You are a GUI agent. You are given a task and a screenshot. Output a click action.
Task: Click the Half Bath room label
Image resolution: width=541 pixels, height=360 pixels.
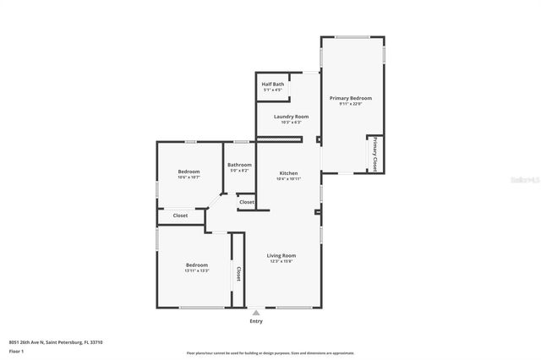272,84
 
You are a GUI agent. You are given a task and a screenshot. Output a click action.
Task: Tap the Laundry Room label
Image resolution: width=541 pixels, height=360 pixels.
291,116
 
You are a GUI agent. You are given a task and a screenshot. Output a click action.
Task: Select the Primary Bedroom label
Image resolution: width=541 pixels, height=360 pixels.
350,98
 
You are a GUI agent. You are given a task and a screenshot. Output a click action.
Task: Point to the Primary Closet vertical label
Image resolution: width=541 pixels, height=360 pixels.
374,154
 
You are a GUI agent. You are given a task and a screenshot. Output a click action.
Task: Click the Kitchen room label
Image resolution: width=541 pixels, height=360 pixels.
288,172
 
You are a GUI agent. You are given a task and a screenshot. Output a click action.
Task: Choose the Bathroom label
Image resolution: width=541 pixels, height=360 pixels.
239,165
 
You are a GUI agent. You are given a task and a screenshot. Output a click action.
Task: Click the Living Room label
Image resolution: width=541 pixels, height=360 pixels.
281,255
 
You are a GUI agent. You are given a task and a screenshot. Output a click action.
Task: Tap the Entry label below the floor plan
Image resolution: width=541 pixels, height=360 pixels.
255,321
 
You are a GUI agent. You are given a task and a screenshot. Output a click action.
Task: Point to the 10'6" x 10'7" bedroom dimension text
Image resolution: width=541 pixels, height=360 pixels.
189,178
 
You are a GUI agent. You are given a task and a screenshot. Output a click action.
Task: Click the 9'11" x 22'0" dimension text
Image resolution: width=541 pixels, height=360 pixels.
350,104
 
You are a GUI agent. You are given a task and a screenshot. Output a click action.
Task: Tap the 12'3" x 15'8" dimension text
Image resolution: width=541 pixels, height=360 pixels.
281,261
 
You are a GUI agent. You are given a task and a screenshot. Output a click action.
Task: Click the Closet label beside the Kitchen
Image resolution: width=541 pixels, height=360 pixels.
246,203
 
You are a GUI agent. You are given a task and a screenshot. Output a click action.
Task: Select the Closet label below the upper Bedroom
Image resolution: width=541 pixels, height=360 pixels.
180,215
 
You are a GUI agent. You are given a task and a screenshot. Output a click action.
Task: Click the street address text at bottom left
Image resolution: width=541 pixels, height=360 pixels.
55,342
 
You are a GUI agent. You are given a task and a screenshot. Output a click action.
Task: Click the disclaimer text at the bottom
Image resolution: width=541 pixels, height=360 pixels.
270,353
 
